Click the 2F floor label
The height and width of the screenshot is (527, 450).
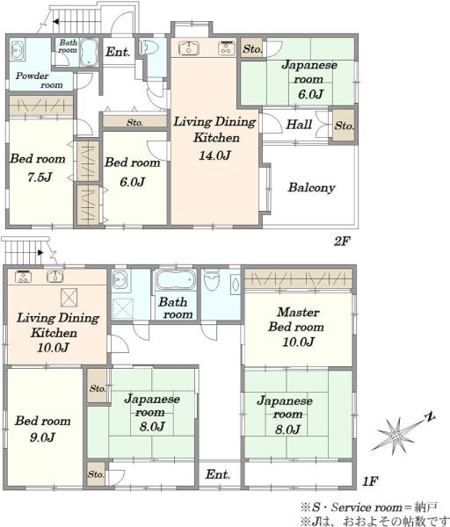[x=342, y=241]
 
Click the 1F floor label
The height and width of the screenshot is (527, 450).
[x=370, y=481]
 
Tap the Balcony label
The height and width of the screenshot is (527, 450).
[x=311, y=188]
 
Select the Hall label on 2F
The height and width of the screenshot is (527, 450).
[x=299, y=125]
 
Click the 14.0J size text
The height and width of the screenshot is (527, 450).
[x=214, y=155]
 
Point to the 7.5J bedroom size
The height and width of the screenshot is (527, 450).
[x=40, y=177]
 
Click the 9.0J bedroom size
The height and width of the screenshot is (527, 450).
[x=42, y=437]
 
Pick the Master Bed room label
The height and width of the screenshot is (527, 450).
[x=297, y=320]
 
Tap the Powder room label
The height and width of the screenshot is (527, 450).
[x=39, y=80]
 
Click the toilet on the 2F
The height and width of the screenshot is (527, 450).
[x=149, y=47]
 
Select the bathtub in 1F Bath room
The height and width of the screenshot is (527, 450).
[x=176, y=279]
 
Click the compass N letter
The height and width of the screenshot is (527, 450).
[x=430, y=417]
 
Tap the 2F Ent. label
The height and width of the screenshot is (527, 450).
[x=118, y=52]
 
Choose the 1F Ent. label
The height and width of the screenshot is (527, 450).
[x=218, y=474]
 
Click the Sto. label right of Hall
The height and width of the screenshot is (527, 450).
[x=344, y=126]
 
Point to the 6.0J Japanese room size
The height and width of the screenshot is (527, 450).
[x=310, y=94]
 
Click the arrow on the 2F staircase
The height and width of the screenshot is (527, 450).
[x=56, y=22]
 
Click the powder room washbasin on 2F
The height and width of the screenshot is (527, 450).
[x=18, y=50]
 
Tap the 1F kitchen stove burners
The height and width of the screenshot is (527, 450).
[x=24, y=277]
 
